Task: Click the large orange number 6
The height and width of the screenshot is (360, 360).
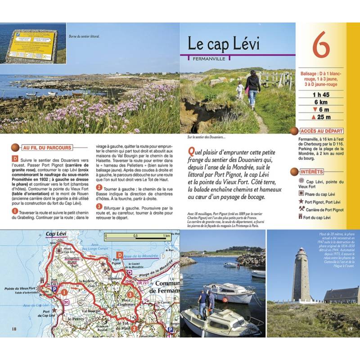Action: point(321,47)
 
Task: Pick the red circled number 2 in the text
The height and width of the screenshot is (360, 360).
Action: point(99,187)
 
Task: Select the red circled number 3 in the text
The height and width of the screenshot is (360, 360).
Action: point(99,207)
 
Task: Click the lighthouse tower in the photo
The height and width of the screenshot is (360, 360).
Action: point(301,274)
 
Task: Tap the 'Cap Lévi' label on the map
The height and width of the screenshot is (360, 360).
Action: point(57,234)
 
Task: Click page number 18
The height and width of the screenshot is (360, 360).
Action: point(14,329)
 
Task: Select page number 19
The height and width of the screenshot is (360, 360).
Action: point(351,329)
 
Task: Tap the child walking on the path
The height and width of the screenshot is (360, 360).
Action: point(239,90)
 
